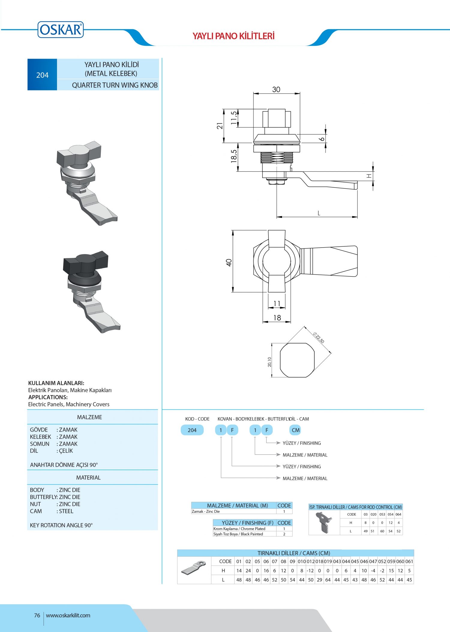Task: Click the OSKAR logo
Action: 61,29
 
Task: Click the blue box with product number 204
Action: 42,75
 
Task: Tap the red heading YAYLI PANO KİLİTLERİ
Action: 233,36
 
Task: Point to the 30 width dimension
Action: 276,89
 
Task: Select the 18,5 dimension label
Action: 234,156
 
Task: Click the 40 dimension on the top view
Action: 229,263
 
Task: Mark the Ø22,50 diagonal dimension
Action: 319,338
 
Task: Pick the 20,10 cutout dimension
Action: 269,362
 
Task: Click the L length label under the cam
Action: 319,213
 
